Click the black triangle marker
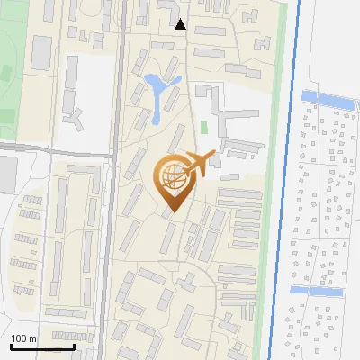point(181,24)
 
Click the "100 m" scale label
point(23,338)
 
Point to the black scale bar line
point(41,346)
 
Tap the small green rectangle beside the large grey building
point(203,128)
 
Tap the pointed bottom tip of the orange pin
point(172,212)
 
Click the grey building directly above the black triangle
point(168,8)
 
